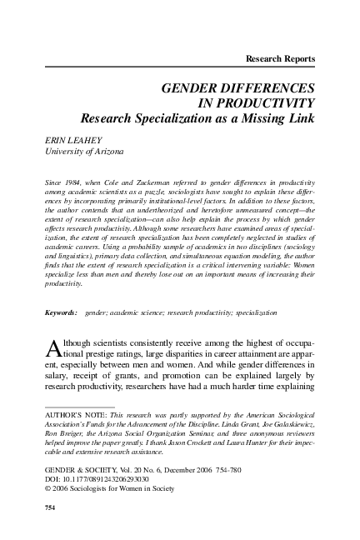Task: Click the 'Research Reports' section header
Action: [276, 58]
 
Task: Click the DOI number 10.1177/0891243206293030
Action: [102, 479]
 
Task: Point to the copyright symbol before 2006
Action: [45, 489]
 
